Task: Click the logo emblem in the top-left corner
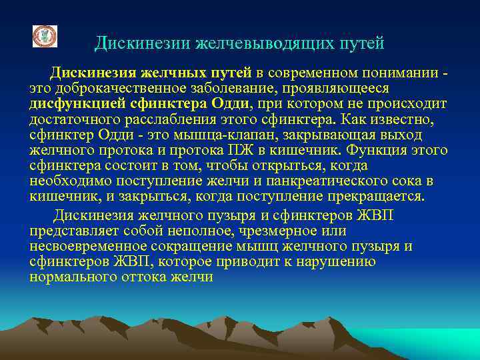point(45,36)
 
